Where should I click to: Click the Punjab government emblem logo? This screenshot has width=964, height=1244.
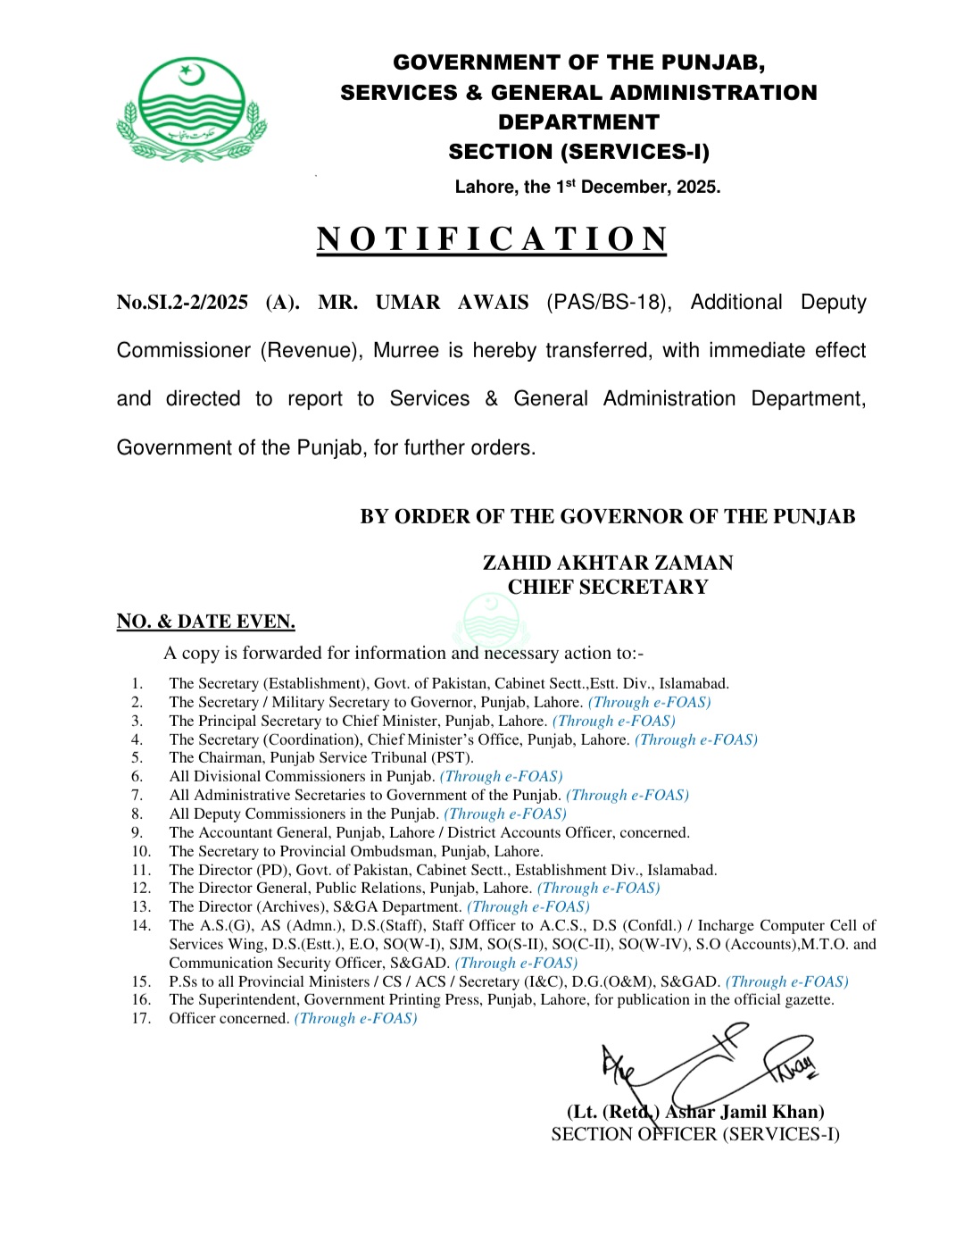click(191, 109)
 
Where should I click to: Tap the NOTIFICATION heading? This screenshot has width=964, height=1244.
click(492, 239)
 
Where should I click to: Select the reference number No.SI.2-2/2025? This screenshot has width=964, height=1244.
click(182, 303)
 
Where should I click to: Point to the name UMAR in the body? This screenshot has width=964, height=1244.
click(407, 303)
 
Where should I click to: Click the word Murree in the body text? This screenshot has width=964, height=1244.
click(406, 351)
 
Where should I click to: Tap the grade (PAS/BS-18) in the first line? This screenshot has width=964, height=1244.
click(609, 303)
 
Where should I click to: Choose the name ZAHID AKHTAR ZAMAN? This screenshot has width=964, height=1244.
click(608, 563)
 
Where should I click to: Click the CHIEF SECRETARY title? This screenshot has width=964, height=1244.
click(608, 587)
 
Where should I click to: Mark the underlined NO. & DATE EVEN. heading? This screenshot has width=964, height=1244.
click(205, 622)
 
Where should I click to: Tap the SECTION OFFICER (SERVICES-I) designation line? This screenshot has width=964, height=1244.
click(695, 1134)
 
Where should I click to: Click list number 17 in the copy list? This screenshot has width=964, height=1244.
click(141, 1018)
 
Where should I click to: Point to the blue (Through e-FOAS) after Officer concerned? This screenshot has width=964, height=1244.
click(355, 1018)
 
